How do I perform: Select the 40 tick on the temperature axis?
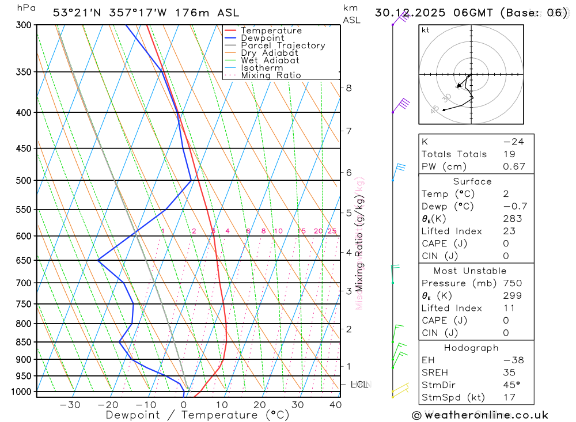(335, 405)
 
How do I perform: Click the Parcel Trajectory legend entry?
(283, 45)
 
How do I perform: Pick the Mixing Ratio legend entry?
(271, 75)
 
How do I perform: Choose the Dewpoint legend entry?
(262, 38)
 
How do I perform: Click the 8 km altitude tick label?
(348, 88)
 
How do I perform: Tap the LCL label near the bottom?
(360, 384)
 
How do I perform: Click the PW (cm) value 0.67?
(514, 166)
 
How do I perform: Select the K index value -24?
(513, 142)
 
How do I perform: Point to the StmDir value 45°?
(511, 385)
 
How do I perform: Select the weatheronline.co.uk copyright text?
(480, 415)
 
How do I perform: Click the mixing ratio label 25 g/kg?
(332, 231)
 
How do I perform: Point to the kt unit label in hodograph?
(426, 31)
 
